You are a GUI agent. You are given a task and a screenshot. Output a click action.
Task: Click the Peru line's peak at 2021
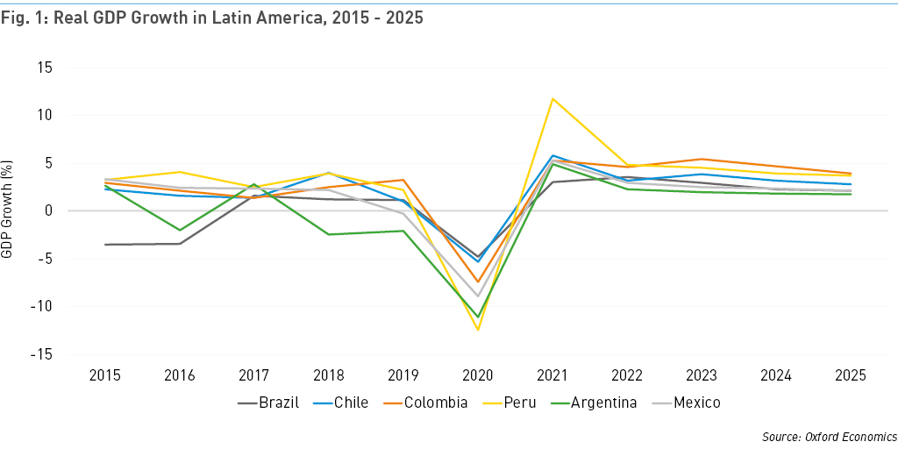(552, 98)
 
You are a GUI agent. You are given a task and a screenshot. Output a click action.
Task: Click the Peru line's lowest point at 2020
(478, 330)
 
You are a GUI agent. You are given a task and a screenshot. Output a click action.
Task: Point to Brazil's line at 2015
(105, 245)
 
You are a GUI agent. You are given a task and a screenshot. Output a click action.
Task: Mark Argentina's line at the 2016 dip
(180, 231)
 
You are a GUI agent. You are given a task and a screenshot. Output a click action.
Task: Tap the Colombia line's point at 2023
(700, 160)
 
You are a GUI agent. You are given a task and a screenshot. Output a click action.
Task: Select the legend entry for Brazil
(270, 403)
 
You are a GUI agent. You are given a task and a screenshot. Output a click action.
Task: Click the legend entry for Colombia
(436, 403)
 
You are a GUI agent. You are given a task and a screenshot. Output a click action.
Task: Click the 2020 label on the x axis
(478, 375)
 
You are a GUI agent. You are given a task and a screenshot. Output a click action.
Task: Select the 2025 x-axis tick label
(850, 375)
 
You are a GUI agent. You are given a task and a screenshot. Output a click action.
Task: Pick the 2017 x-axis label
(254, 375)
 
